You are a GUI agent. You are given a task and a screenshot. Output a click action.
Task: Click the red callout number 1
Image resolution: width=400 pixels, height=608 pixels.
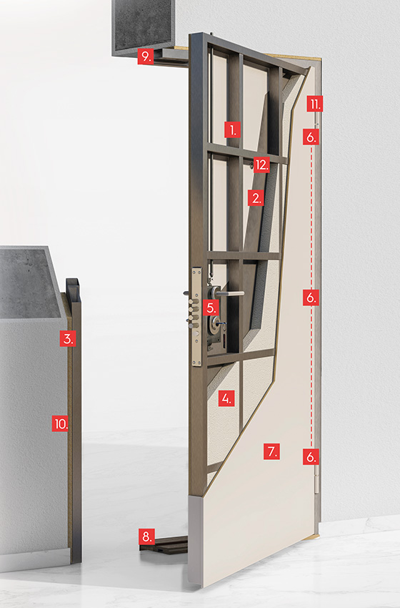[x=233, y=129]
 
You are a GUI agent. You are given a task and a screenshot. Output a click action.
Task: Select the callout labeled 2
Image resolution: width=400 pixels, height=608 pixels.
[x=256, y=197]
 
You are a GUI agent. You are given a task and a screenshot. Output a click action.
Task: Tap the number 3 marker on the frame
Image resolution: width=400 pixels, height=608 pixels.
[x=68, y=338]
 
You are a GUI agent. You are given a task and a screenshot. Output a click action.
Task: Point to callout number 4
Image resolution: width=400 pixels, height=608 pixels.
[x=226, y=398]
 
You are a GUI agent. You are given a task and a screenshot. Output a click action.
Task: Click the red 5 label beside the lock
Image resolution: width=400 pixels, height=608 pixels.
[x=211, y=308]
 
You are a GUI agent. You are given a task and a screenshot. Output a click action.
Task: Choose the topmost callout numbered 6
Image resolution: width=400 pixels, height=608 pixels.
[x=311, y=137]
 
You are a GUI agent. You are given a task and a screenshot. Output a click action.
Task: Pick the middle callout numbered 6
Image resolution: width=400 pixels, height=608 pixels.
[x=311, y=298]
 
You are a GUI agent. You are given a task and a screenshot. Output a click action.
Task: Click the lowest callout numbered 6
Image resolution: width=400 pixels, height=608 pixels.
[x=311, y=457]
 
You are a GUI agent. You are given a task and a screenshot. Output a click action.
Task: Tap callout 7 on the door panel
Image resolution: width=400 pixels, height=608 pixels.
[x=272, y=452]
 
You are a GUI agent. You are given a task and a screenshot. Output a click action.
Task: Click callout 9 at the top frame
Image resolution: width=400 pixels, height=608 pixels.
[x=146, y=57]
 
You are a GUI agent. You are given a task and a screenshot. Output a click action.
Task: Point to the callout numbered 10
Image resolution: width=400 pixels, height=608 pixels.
[x=61, y=423]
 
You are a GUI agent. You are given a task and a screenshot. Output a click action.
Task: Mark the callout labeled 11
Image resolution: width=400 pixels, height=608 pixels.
[x=315, y=104]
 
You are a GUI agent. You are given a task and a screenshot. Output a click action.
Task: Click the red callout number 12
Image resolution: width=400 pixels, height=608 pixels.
[x=261, y=165]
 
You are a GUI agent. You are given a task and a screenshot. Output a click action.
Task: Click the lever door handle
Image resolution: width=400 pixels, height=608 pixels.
[x=229, y=293]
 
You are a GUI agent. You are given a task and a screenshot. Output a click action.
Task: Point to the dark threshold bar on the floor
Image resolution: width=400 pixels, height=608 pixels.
[x=164, y=544]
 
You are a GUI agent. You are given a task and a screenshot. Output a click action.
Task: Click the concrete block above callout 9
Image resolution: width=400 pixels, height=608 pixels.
[x=144, y=24]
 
